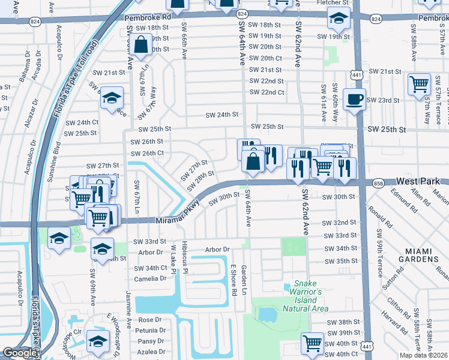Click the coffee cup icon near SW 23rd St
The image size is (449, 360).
[355, 99]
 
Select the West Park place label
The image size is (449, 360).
[419, 181]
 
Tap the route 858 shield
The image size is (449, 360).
[378, 182]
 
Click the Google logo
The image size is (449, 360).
[20, 353]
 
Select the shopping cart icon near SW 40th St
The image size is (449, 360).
[313, 344]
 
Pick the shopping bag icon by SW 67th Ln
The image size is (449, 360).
[140, 44]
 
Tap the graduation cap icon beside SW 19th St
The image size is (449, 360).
[339, 19]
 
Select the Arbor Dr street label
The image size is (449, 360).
[217, 249]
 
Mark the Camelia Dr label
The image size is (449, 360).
[151, 279]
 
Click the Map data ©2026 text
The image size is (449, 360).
[423, 355]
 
